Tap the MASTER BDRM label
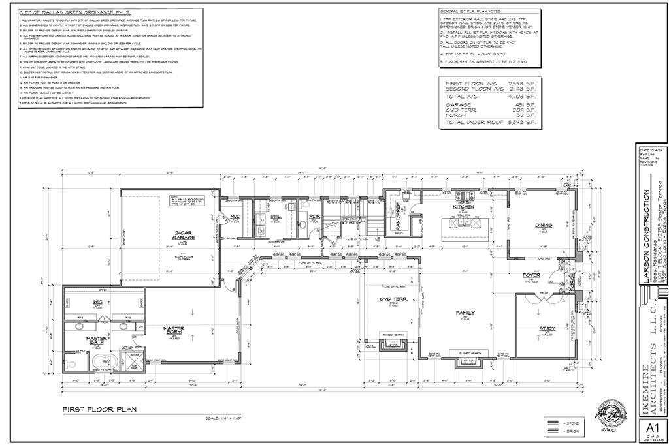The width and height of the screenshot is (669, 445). click(172, 332)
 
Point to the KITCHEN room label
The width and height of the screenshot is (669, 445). click(463, 207)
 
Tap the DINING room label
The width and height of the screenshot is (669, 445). click(544, 226)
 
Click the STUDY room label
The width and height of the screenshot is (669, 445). click(547, 328)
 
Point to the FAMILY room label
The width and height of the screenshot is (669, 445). click(465, 313)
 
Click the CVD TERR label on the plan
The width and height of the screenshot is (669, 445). click(394, 300)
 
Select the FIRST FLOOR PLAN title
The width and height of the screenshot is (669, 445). click(99, 410)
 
